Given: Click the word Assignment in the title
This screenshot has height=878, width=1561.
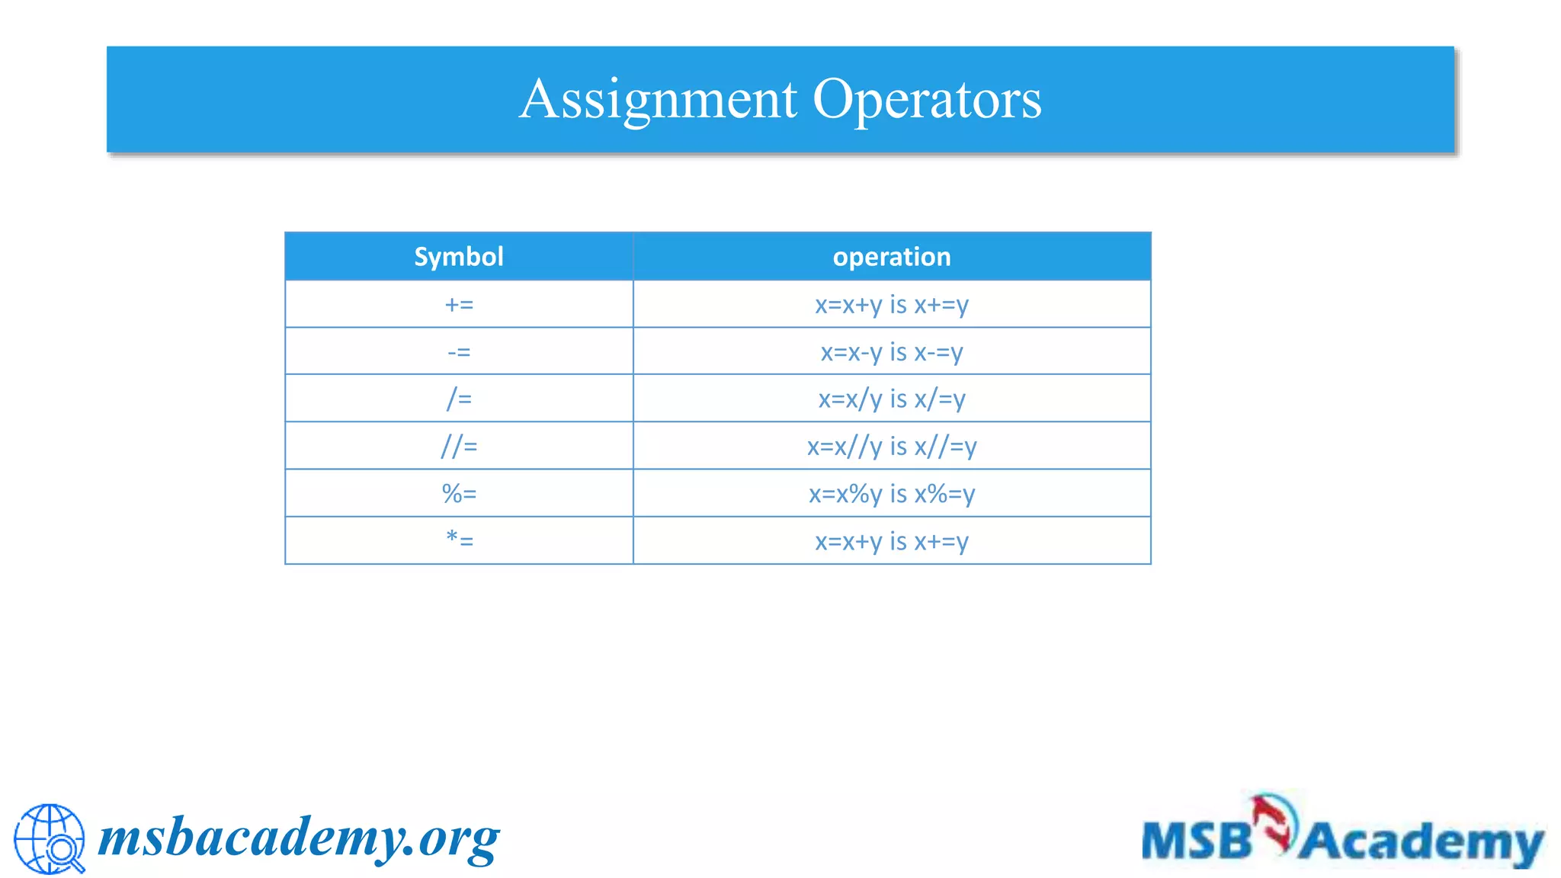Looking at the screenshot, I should pos(659,100).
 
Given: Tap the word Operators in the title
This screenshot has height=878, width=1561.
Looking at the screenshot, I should pos(927,100).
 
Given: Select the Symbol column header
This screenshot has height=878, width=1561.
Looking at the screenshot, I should pos(459,257).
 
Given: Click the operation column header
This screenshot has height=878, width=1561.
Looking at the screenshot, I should pos(892,257).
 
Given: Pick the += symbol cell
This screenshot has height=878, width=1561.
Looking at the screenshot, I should pos(459,305).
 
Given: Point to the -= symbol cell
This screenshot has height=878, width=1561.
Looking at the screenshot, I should pos(459,352).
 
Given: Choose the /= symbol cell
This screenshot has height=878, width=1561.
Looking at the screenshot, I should pos(459,399).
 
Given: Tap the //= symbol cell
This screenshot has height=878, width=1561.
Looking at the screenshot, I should pos(459,446).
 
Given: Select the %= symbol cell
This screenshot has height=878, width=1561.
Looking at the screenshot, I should pos(459,494).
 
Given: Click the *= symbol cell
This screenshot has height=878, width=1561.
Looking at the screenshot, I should pos(459,541).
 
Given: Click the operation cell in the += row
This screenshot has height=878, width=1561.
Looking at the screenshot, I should pos(892,305).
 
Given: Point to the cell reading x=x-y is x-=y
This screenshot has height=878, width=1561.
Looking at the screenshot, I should pos(892,352).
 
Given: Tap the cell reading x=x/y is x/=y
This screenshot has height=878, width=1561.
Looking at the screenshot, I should pos(892,399).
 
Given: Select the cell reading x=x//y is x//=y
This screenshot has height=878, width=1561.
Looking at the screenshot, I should pos(892,446).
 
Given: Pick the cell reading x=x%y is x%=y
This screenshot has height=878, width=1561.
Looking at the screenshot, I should pos(892,494).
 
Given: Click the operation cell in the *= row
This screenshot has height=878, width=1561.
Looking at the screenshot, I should pos(892,541).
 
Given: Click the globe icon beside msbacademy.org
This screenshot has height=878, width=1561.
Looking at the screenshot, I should pos(50,838).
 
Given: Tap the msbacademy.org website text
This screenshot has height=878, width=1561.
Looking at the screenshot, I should pos(299,838).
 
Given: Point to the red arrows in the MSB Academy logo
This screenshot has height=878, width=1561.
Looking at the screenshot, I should pos(1274,822).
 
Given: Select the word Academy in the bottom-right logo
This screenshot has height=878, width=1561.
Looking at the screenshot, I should pos(1421,843).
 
